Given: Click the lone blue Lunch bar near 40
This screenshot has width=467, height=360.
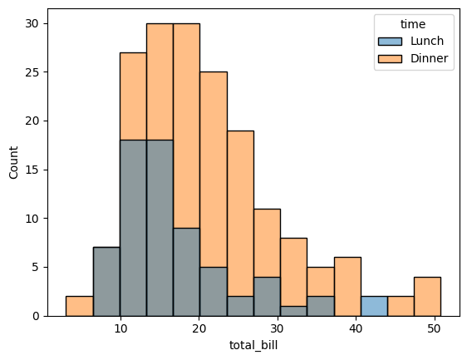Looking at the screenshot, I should (374, 306).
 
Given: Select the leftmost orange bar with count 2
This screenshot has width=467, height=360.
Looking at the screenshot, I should (79, 306).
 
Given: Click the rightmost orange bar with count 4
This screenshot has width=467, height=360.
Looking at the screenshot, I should (427, 296).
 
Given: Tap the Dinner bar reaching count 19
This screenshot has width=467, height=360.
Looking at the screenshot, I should (240, 208).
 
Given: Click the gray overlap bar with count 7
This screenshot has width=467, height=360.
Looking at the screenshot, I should (106, 282).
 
